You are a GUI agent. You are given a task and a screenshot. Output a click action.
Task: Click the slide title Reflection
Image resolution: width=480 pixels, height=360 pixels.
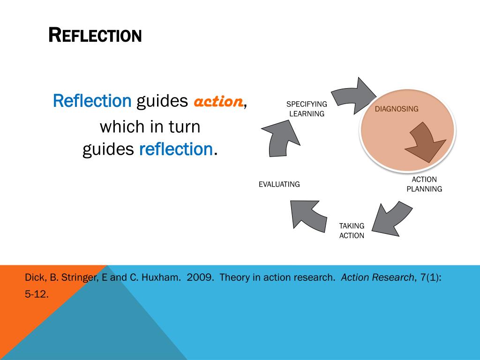pos(95,35)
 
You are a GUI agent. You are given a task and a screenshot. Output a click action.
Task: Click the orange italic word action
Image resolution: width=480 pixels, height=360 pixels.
pos(218,101)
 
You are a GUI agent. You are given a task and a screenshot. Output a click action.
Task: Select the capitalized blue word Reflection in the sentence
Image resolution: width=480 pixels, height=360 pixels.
pos(92,100)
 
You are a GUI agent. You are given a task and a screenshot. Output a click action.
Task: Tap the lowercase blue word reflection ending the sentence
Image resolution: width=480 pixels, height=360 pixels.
pos(176,149)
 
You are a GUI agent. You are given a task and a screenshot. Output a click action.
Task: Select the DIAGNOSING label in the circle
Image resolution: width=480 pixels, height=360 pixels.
pos(396,109)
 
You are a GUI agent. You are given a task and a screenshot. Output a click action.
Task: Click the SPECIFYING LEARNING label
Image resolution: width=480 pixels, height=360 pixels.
pos(307,109)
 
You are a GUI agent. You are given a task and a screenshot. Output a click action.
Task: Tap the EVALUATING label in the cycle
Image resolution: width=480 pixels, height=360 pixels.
pos(279,184)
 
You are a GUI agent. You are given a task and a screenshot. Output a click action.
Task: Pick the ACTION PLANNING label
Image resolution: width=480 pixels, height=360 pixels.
pos(424,184)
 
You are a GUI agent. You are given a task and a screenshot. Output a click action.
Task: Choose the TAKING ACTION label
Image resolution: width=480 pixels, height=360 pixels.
pos(352,231)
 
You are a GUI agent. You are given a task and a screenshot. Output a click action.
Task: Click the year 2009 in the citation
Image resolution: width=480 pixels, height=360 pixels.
pos(200,277)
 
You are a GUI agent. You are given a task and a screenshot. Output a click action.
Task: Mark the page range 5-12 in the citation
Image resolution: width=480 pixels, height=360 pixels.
pos(37,295)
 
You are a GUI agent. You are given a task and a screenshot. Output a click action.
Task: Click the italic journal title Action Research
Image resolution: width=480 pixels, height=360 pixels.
pos(377,277)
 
